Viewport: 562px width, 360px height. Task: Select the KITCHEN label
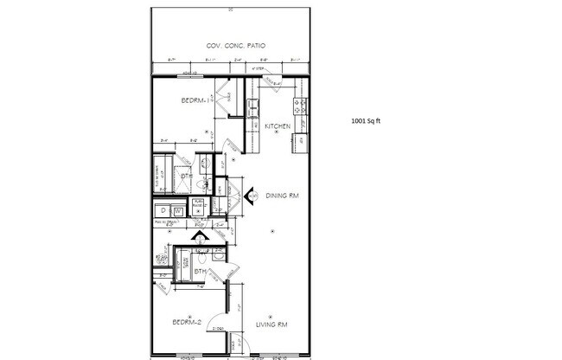[x=277, y=126]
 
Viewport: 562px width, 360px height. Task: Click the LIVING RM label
[x=272, y=325]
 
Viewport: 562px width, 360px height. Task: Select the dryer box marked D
[x=162, y=209]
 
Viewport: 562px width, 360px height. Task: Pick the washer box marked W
[x=178, y=209]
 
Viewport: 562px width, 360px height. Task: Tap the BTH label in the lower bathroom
[x=199, y=272]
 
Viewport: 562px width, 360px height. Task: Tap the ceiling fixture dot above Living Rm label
[x=271, y=314]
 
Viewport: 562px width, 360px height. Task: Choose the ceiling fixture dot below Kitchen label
[x=277, y=133]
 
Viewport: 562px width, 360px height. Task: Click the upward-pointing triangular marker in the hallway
[x=201, y=235]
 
